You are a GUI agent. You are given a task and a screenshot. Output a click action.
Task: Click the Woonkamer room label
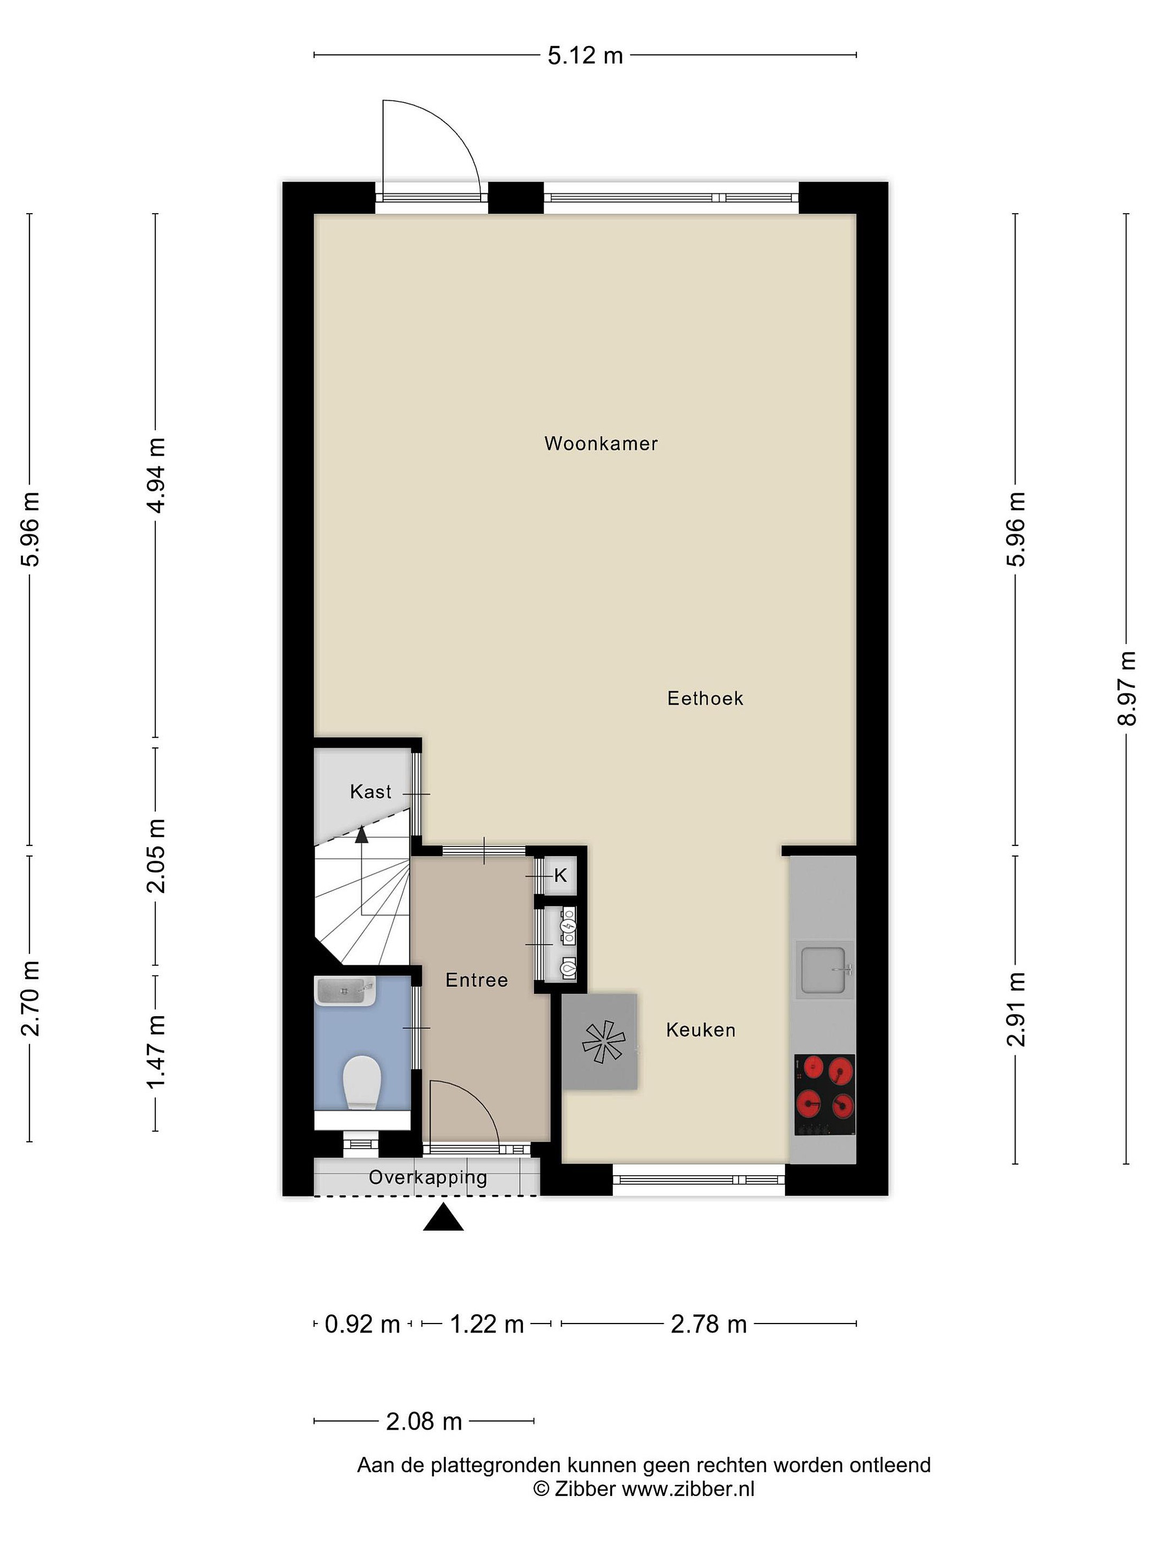(x=600, y=443)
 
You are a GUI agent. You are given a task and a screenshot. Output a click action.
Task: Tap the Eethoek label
(x=705, y=699)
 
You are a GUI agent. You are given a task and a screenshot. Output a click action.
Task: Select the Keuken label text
(x=700, y=1030)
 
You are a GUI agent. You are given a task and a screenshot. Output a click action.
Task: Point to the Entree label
(x=477, y=980)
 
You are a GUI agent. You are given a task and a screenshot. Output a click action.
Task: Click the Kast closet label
(x=371, y=791)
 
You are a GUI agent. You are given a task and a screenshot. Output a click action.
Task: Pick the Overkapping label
(x=428, y=1178)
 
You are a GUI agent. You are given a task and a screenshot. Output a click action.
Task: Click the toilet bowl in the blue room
(x=362, y=1083)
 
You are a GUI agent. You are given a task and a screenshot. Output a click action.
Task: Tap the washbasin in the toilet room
(x=345, y=991)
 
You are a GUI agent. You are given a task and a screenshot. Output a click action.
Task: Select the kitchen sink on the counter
(x=824, y=970)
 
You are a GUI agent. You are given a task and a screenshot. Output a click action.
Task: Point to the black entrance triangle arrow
(x=443, y=1218)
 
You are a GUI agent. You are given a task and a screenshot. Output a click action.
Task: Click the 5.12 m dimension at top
(x=585, y=55)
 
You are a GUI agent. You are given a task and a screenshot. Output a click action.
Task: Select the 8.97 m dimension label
(x=1126, y=688)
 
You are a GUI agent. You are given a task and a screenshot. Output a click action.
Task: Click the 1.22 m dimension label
(x=486, y=1323)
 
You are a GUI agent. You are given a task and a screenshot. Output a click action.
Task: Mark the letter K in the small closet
(x=561, y=876)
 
